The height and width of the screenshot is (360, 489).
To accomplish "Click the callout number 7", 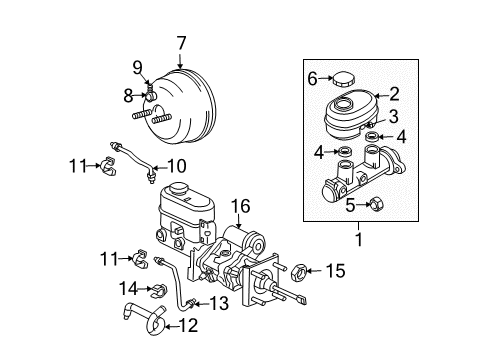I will coord(181,44).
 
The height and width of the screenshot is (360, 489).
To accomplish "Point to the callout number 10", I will coord(177,165).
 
